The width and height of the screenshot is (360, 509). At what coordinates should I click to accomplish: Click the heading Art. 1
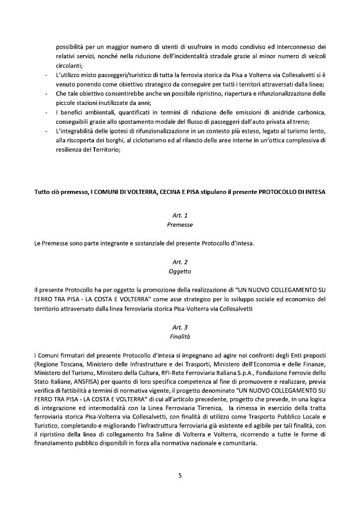click(180, 215)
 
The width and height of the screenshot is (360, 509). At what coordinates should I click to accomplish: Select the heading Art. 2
click(180, 262)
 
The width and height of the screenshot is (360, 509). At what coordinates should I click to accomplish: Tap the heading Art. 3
click(180, 328)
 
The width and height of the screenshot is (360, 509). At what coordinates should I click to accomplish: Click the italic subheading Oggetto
click(180, 271)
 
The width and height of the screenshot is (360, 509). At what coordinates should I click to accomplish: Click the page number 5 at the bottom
click(180, 476)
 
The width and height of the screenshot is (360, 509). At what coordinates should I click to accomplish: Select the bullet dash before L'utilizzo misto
click(46, 75)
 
